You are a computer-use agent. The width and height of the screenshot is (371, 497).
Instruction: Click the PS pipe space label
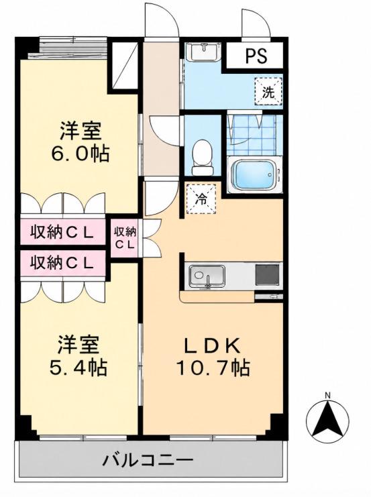pos(256,56)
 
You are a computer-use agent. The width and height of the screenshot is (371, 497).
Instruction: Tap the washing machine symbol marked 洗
pos(268,92)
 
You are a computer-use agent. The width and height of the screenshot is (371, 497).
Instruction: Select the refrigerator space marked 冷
pos(201,199)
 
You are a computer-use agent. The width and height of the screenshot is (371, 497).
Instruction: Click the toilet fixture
pos(202,158)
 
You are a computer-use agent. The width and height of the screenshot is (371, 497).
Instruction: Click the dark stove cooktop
pos(268,275)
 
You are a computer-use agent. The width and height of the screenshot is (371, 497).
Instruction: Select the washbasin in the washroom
pos(202,52)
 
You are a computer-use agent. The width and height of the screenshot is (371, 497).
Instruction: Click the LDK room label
pos(212,346)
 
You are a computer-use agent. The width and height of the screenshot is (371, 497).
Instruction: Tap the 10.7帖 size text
pos(213,367)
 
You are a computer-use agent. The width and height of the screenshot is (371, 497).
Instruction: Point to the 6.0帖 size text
pos(81,154)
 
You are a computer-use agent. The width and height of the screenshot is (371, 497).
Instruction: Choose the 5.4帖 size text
pos(78,368)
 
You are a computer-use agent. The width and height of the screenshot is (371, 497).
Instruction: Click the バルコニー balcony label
pos(148,459)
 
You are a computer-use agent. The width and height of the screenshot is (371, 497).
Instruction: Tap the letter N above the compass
pos(327,395)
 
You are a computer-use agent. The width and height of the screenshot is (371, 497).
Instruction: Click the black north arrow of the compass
pos(327,418)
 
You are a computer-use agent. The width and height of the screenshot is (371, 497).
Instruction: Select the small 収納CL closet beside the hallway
pos(125,237)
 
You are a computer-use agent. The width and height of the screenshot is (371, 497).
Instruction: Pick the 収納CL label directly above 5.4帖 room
pos(62,263)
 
